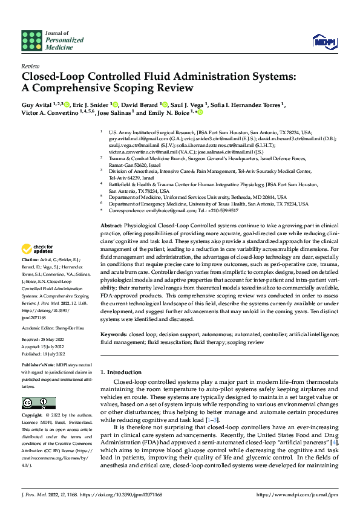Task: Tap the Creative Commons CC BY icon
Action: click(39, 403)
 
